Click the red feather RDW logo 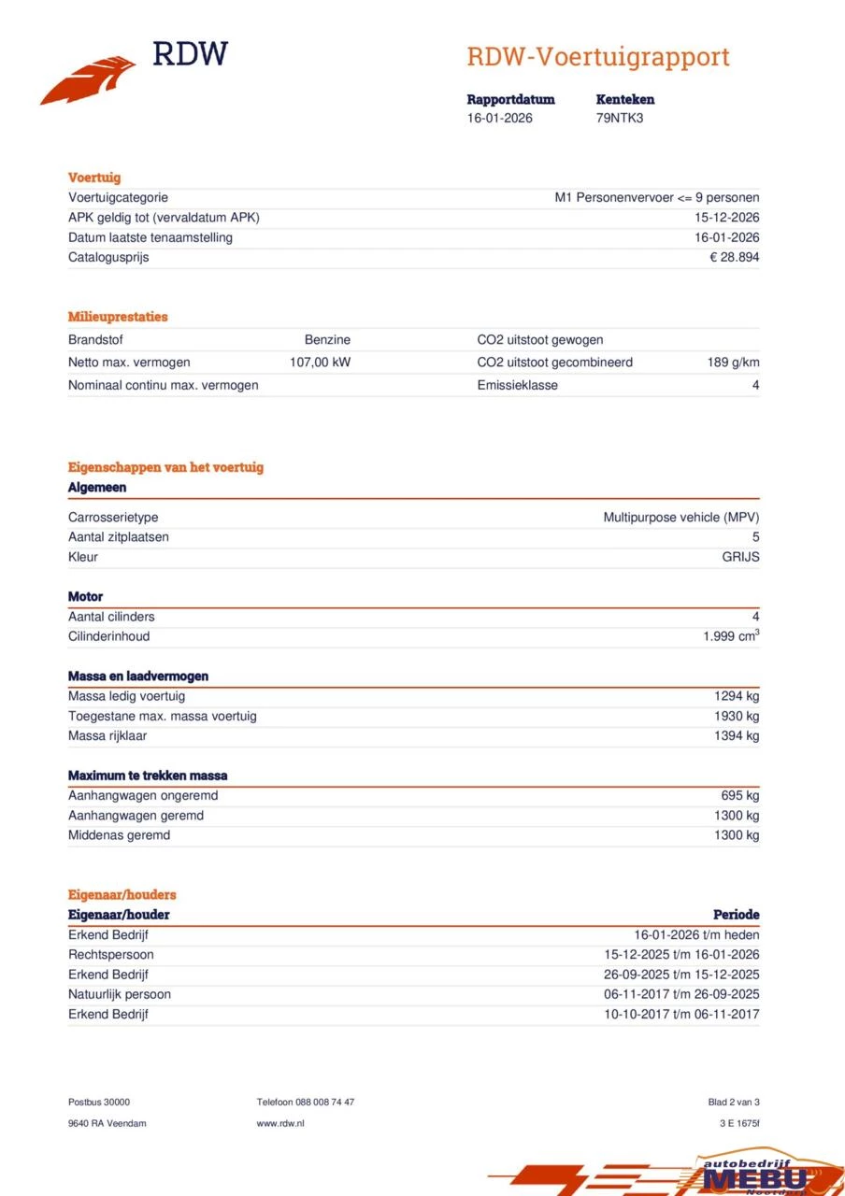tap(89, 80)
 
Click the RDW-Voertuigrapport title tap(598, 57)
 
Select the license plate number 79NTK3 tap(619, 119)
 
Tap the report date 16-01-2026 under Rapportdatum tap(500, 119)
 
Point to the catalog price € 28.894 tap(734, 257)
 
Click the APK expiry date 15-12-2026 tap(728, 218)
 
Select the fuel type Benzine tap(327, 340)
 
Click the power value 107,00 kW tap(320, 363)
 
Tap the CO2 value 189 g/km tap(733, 363)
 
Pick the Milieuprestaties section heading tap(118, 317)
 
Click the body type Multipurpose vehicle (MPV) tap(680, 518)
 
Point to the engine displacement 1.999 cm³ tap(730, 636)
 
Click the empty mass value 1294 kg tap(737, 696)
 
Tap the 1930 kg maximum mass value tap(737, 716)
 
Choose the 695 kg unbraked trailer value tap(739, 796)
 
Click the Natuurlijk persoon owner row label tap(120, 994)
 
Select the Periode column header tap(736, 915)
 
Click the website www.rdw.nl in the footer tap(280, 1123)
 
